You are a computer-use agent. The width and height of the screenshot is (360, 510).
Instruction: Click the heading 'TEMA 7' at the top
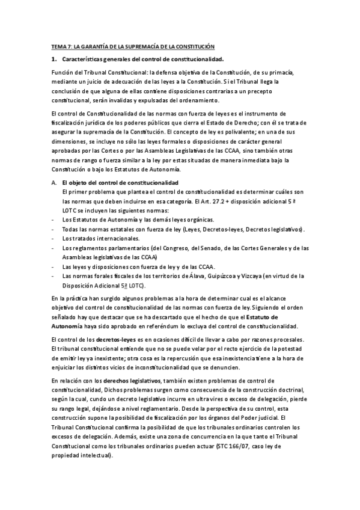coord(61,46)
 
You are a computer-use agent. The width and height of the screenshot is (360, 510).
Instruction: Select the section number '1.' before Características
coord(54,59)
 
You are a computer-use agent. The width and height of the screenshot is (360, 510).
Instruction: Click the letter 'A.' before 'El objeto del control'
coord(54,182)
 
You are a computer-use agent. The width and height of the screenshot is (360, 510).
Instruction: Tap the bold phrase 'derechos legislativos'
coord(132,380)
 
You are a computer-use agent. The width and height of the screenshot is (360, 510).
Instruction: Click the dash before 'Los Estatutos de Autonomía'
coord(54,220)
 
